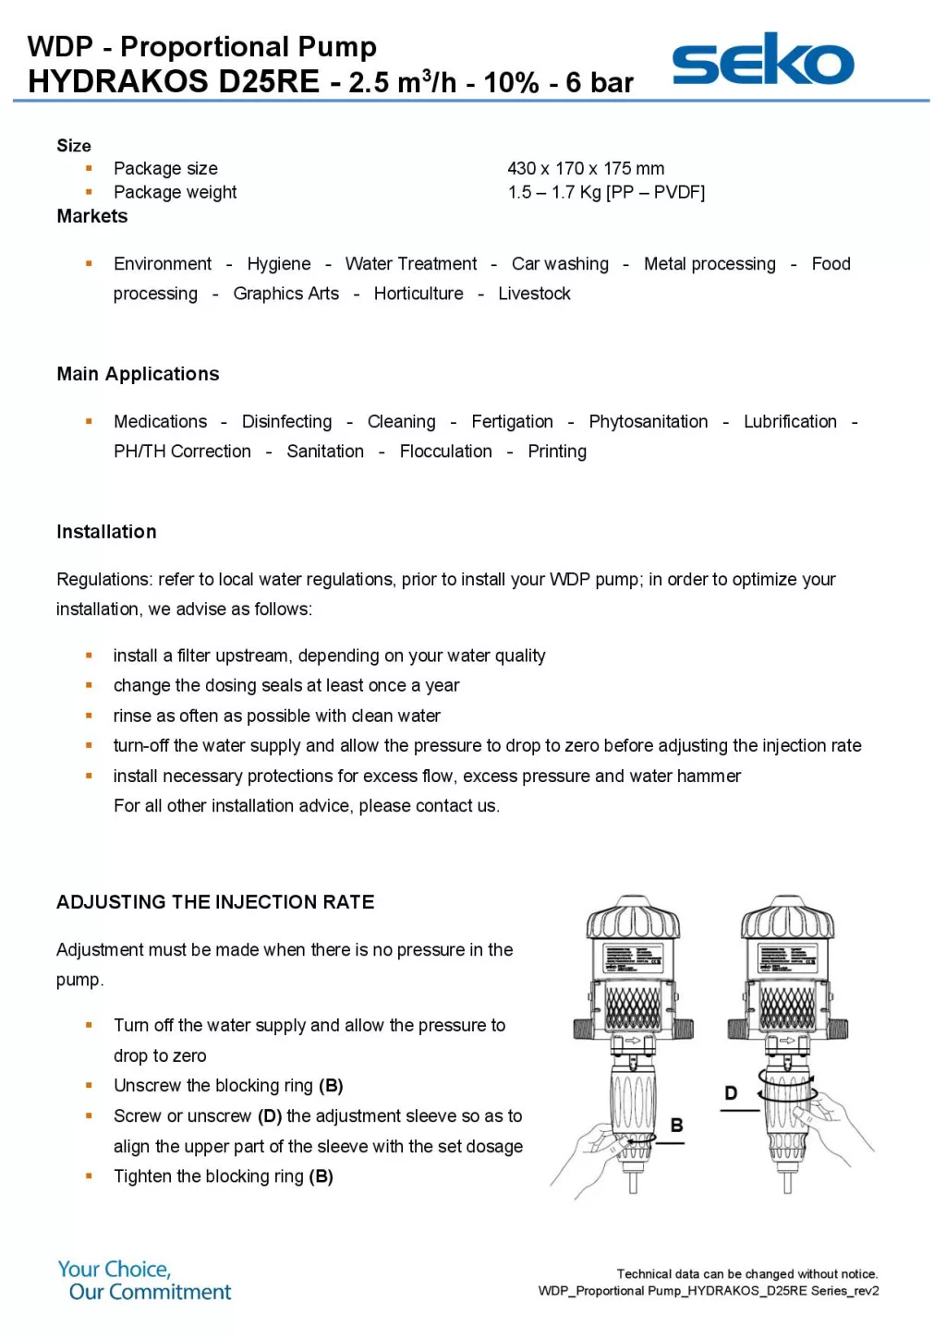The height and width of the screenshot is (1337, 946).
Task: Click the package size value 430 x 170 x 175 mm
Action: pyautogui.click(x=586, y=168)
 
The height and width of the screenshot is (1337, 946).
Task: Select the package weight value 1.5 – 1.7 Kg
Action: pyautogui.click(x=606, y=192)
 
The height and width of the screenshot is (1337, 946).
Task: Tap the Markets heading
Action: pyautogui.click(x=92, y=216)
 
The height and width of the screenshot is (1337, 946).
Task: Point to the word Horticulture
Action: pyautogui.click(x=418, y=294)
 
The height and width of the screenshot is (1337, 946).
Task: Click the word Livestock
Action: pyautogui.click(x=534, y=294)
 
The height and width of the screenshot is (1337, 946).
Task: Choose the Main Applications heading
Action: pyautogui.click(x=138, y=374)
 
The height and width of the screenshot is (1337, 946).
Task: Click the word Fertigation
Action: pyautogui.click(x=512, y=422)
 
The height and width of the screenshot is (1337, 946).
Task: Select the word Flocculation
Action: pyautogui.click(x=445, y=452)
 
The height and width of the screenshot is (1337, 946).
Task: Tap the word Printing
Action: pyautogui.click(x=557, y=452)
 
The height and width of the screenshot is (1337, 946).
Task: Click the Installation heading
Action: pyautogui.click(x=106, y=532)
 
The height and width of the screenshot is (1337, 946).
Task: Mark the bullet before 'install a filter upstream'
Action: pyautogui.click(x=89, y=656)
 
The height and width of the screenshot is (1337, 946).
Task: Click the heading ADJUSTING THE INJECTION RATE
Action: pyautogui.click(x=215, y=902)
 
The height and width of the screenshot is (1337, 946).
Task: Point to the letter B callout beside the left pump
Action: pyautogui.click(x=676, y=1126)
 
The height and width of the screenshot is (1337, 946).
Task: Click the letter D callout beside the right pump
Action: pyautogui.click(x=731, y=1093)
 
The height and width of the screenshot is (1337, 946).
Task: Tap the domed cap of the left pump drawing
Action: pyautogui.click(x=634, y=916)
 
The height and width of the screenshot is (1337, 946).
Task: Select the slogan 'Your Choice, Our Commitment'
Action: pyautogui.click(x=145, y=1281)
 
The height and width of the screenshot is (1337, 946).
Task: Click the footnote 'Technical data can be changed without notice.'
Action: pyautogui.click(x=746, y=1274)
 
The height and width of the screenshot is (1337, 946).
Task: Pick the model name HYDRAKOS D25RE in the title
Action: pyautogui.click(x=174, y=82)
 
